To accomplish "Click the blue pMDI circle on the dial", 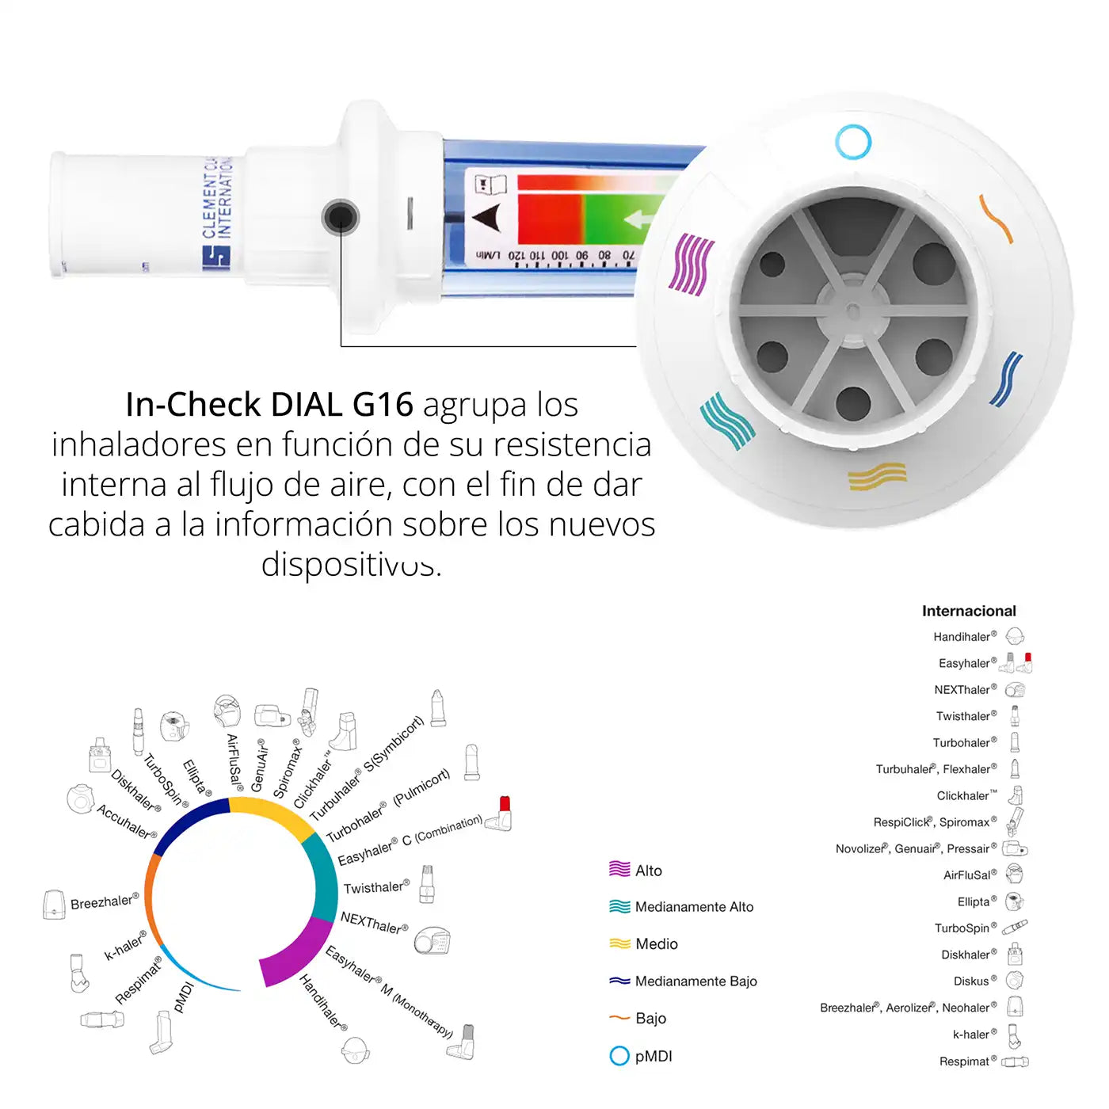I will click(853, 143).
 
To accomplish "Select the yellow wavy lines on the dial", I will click(877, 476).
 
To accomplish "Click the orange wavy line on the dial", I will click(996, 218).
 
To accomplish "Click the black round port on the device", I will click(341, 217).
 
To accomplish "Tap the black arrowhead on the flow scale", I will click(487, 218).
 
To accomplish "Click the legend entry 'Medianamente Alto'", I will click(693, 907).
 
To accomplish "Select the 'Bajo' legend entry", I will click(650, 1019).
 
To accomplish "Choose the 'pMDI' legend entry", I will click(653, 1056).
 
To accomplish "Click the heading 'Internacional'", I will click(968, 611).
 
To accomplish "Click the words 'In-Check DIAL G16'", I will click(269, 405).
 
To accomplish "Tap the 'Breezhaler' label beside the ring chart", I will click(104, 902).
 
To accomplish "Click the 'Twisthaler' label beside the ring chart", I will click(375, 887).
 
